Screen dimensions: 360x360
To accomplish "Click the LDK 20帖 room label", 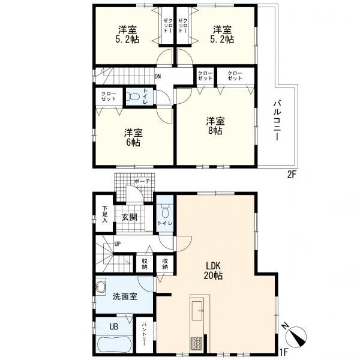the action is (x=213, y=271).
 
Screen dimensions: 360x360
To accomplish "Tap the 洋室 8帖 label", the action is (x=215, y=126).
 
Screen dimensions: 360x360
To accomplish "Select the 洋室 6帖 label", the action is (x=133, y=137).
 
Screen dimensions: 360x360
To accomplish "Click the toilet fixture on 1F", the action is (x=165, y=211).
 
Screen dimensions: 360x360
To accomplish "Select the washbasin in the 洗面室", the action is (x=101, y=286).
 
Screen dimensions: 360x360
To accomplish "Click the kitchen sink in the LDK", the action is (x=197, y=311).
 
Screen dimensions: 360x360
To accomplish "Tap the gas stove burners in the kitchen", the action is (x=197, y=343).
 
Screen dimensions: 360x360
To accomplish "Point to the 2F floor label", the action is (x=292, y=175).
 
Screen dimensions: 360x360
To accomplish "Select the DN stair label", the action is (x=157, y=76).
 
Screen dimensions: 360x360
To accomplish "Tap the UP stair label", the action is (x=118, y=244).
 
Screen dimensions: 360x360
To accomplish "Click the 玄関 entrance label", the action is (x=129, y=217).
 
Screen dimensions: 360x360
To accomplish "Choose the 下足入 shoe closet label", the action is (x=104, y=214).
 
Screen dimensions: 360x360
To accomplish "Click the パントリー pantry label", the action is (x=144, y=335).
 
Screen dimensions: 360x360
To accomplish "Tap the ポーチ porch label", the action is (x=142, y=182).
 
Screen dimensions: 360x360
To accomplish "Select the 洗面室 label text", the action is (x=125, y=296).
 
